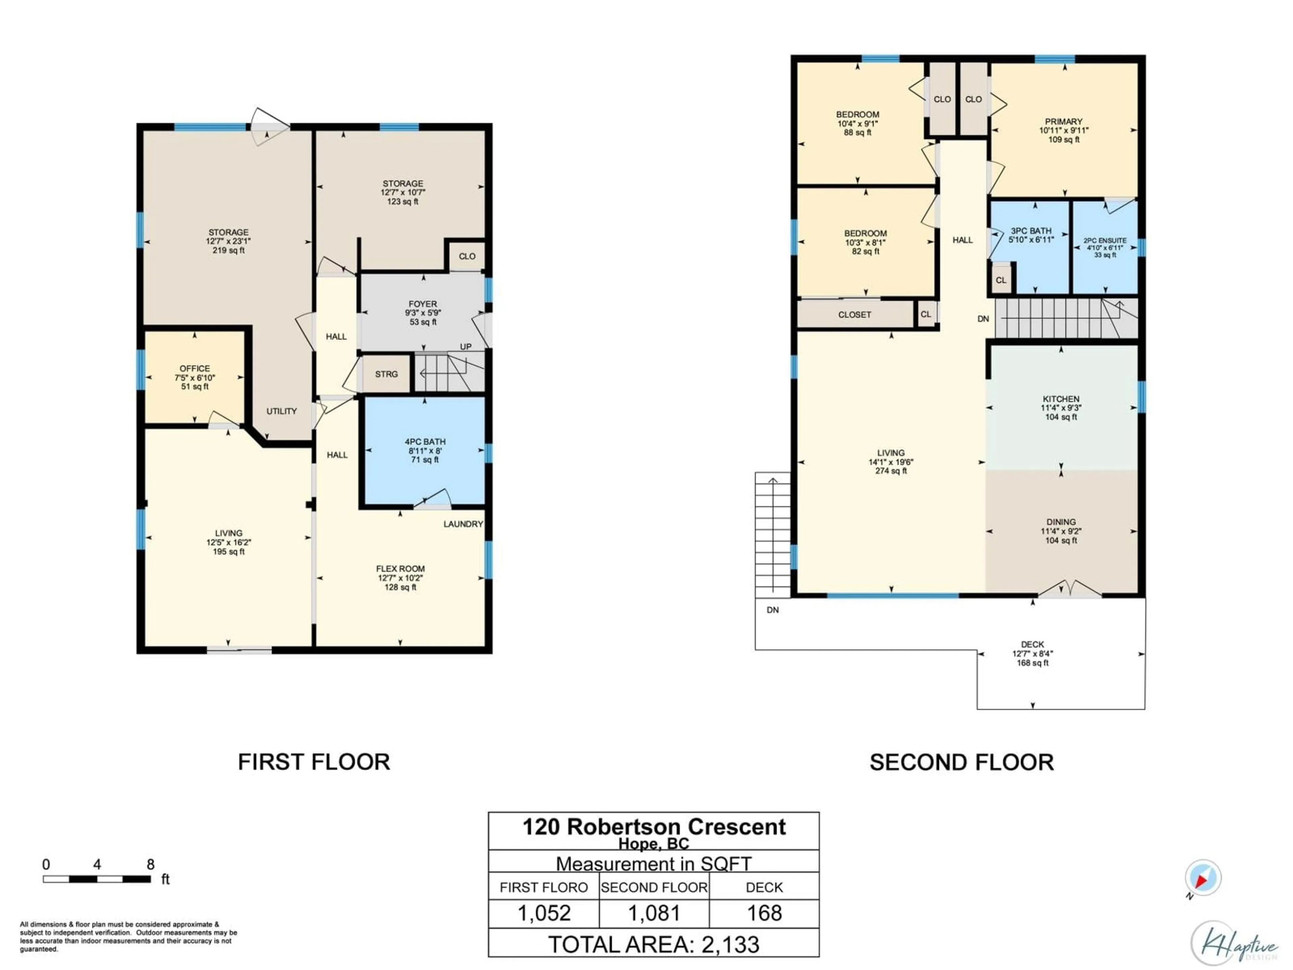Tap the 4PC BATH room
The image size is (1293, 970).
425,450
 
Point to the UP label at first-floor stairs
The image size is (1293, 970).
465,347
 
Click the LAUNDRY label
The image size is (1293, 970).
463,524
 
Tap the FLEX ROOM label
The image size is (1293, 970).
400,568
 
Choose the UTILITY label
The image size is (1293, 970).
282,411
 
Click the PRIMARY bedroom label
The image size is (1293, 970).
1063,122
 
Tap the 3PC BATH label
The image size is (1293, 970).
1031,231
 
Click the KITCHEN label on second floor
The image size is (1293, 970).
1061,399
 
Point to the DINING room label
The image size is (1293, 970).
1061,522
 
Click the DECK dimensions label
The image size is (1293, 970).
1032,654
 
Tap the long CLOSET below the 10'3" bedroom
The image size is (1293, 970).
855,315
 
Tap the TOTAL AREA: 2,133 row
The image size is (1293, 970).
654,944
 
